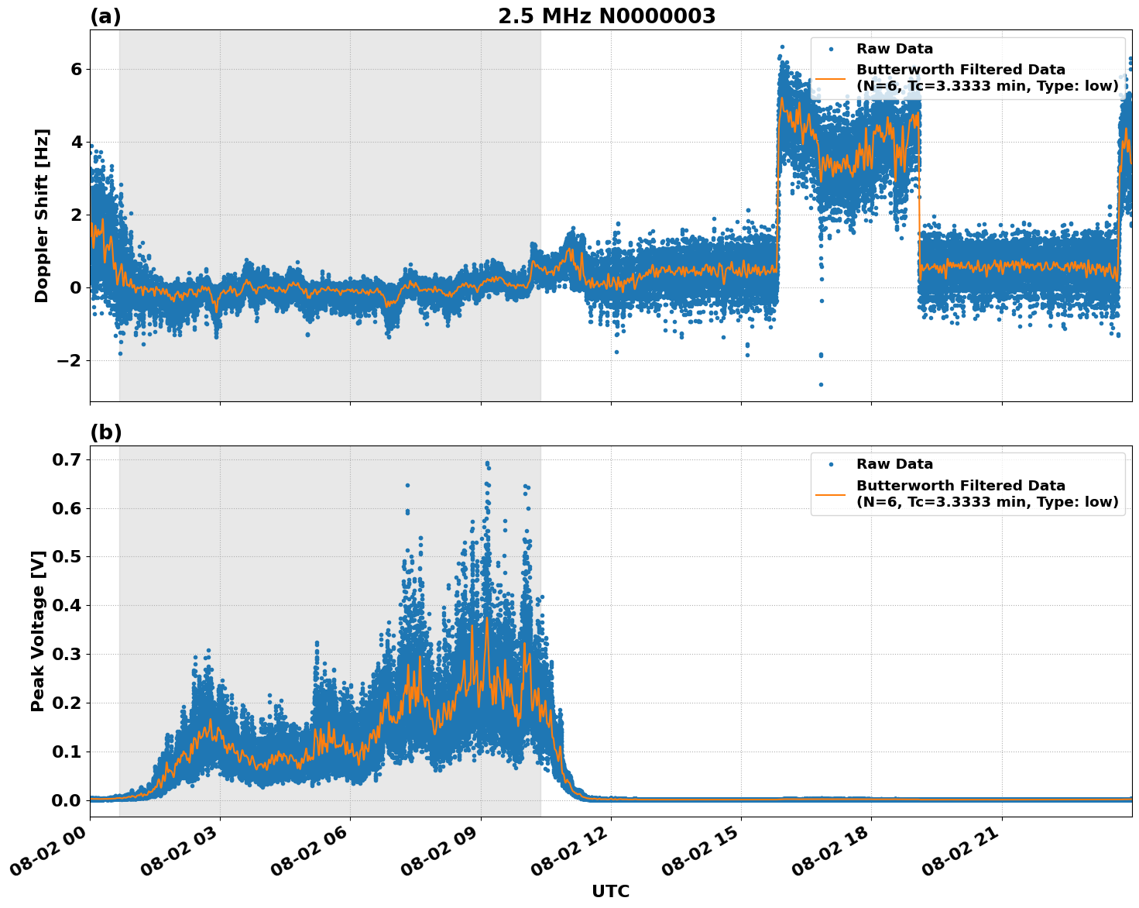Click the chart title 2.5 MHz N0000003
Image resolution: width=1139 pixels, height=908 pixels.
[x=606, y=16]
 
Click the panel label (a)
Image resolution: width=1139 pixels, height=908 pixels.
[x=105, y=16]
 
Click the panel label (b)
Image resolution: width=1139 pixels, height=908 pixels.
[x=105, y=432]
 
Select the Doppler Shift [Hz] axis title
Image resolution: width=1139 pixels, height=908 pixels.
[x=42, y=215]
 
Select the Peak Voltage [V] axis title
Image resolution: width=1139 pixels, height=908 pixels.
[x=38, y=631]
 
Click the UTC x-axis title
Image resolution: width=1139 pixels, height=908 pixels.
[x=610, y=891]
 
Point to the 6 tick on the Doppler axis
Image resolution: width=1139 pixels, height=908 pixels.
[x=76, y=69]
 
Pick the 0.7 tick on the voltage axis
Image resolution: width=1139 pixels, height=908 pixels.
[x=67, y=459]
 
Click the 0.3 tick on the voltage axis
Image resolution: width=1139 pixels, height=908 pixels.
[x=67, y=654]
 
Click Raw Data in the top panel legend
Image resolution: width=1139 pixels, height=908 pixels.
[x=894, y=49]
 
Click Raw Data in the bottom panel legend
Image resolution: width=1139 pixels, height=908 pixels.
[x=894, y=464]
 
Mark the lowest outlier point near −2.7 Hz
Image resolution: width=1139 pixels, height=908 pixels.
[x=821, y=384]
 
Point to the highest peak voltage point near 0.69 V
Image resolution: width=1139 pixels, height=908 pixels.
[x=487, y=463]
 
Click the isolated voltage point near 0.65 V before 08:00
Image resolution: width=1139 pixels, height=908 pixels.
[x=407, y=486]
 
